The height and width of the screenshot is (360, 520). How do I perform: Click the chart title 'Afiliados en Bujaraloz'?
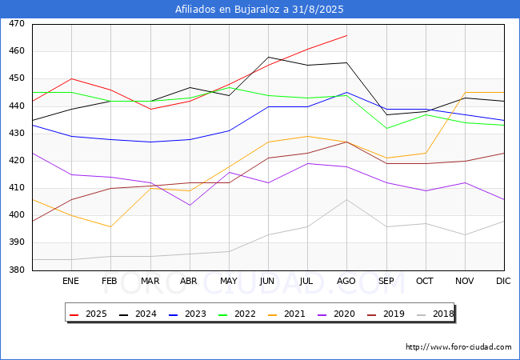coord(259,10)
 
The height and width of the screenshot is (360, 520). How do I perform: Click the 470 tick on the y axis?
coord(16,24)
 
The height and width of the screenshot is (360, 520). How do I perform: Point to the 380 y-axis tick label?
coord(16,270)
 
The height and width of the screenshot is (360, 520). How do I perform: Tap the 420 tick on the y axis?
coord(16,161)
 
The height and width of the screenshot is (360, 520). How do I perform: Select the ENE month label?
coord(71,282)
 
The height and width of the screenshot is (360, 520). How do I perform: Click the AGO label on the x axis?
coord(346,282)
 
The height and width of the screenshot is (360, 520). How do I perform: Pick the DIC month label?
coord(503,282)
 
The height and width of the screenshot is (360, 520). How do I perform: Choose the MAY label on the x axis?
coord(228,282)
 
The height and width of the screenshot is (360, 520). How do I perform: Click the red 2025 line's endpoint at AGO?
coord(346,35)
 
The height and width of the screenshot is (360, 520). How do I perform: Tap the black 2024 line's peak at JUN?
coord(268,58)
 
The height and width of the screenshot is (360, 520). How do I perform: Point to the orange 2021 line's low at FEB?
coord(110,226)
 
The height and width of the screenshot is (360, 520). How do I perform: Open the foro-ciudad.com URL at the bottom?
coord(458,347)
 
